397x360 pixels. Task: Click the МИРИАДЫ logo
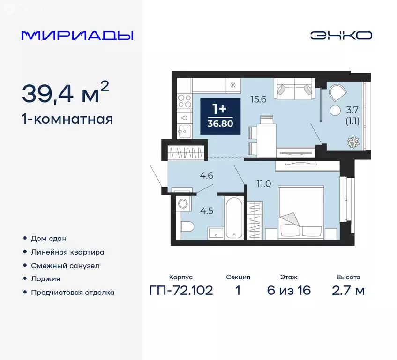[x=77, y=35]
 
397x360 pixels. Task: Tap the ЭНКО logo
[x=341, y=35]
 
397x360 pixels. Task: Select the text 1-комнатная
[x=67, y=119]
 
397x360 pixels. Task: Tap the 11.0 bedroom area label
[x=264, y=183]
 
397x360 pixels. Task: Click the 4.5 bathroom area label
[x=207, y=210]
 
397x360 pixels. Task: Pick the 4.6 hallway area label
[x=206, y=176]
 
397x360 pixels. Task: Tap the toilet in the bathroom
[x=187, y=227]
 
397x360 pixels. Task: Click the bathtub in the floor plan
[x=233, y=217]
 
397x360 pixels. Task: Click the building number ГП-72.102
[x=181, y=291]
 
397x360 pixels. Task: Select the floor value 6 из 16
[x=289, y=291]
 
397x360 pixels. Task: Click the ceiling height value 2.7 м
[x=348, y=291]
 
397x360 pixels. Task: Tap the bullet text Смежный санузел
[x=65, y=265]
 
